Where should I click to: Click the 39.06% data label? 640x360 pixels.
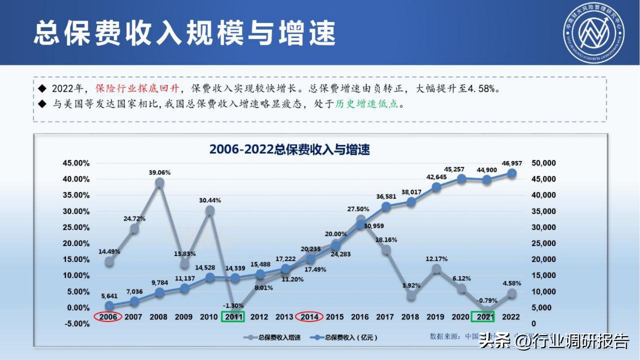[x=159, y=173]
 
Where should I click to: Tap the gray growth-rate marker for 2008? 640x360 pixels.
[x=159, y=183]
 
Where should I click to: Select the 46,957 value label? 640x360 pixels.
[x=511, y=163]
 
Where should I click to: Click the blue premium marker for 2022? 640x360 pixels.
[x=511, y=174]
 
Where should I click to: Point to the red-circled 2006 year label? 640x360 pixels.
[x=108, y=317]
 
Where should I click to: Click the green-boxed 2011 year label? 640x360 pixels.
[x=233, y=317]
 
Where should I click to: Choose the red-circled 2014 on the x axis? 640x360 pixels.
[x=309, y=317]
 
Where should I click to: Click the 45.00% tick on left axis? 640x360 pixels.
[x=76, y=163]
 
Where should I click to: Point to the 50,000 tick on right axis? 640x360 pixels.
[x=544, y=163]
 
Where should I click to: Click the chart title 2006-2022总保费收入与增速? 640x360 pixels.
[x=289, y=149]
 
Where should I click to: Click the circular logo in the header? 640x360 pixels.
[x=594, y=33]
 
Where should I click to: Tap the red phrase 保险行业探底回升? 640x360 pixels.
[x=137, y=89]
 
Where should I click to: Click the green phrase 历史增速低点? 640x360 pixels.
[x=366, y=104]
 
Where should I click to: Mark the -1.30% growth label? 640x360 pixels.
[x=233, y=306]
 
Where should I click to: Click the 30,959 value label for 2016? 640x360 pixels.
[x=374, y=226]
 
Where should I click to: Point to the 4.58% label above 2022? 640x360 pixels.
[x=511, y=283]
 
